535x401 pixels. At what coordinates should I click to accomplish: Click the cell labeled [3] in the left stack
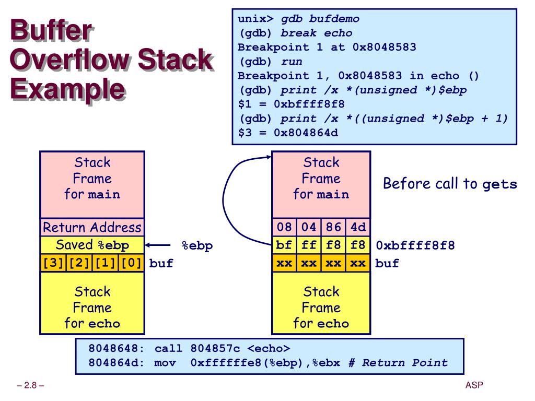(53, 263)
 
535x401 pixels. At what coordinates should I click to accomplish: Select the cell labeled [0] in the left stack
(131, 263)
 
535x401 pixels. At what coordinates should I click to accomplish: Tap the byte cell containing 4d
(358, 228)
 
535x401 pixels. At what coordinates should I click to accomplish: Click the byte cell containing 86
(333, 228)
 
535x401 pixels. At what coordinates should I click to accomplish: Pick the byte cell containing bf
(284, 245)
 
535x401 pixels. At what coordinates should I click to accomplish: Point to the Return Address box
(92, 228)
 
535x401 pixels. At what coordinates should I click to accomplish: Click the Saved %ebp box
(92, 245)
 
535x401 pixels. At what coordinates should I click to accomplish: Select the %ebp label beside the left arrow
(197, 246)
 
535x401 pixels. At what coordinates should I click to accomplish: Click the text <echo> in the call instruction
(269, 348)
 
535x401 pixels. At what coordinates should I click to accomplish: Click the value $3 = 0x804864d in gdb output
(288, 133)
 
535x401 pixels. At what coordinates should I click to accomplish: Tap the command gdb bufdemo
(320, 19)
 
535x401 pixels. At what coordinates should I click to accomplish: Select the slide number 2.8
(30, 386)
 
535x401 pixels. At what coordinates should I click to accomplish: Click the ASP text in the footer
(474, 386)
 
